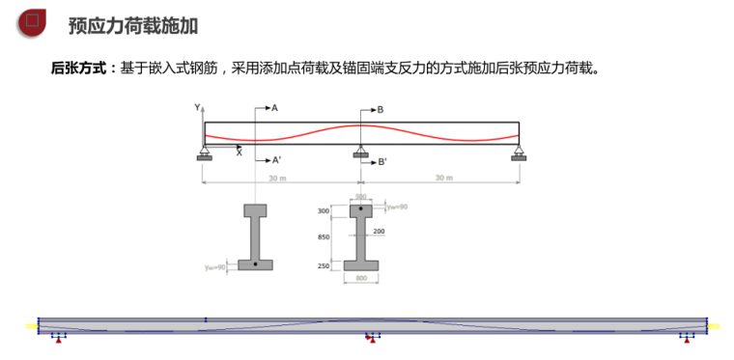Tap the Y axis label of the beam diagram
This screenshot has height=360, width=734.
click(197, 107)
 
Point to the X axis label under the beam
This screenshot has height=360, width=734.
click(240, 152)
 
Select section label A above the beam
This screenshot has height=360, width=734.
click(274, 108)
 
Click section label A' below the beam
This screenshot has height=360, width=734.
click(276, 159)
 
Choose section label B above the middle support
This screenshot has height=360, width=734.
click(381, 110)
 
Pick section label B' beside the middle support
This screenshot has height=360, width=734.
click(382, 162)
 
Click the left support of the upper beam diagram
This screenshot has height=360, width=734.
click(204, 152)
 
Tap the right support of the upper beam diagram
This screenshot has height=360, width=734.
click(519, 152)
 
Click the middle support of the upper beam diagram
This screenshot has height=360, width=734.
click(360, 152)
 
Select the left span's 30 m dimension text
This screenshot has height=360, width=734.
click(277, 179)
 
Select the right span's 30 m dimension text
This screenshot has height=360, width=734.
click(442, 179)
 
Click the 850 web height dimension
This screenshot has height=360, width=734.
click(324, 236)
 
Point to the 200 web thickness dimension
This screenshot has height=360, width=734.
click(379, 232)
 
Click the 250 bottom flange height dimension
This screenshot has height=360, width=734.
click(324, 265)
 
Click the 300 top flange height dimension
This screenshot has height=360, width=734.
click(324, 209)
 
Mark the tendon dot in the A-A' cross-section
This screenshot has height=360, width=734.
click(255, 263)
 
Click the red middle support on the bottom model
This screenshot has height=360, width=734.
click(372, 339)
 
